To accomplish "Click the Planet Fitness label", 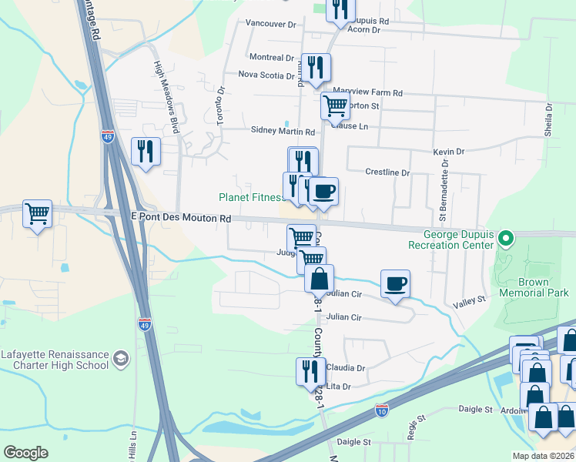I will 252,197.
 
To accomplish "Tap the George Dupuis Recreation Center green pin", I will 505,237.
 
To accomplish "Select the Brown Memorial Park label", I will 534,286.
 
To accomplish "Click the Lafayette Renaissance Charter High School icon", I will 120,358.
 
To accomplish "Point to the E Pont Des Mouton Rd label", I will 181,219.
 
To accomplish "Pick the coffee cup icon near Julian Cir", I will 395,283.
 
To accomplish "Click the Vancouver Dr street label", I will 270,25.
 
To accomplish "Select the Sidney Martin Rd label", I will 283,131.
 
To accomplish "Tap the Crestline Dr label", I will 387,172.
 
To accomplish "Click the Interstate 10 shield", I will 382,409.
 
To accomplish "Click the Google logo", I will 26,453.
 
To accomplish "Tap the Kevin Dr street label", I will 449,152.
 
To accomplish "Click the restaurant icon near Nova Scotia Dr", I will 316,67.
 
